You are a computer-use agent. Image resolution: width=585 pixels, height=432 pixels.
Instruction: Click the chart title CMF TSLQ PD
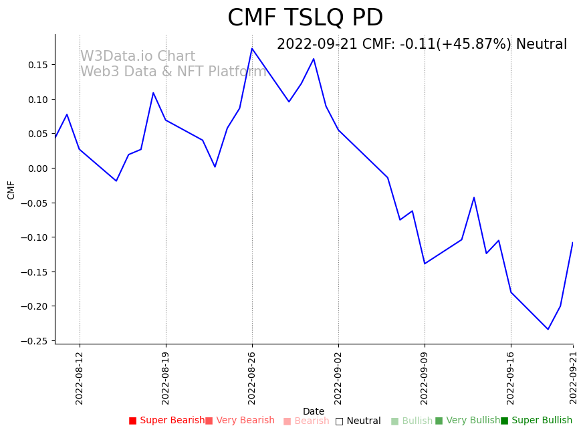pos(305,18)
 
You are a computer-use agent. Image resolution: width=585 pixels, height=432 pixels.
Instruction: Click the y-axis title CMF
pos(11,189)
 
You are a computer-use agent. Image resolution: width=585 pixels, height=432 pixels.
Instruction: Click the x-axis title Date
pos(314,412)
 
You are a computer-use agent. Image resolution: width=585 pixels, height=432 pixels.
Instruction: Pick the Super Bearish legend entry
pos(167,421)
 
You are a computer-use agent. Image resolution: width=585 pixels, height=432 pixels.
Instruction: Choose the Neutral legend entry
pos(358,421)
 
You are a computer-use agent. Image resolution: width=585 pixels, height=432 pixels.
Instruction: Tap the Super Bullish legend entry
pos(536,421)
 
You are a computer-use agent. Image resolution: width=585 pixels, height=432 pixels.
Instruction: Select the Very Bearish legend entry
pos(239,421)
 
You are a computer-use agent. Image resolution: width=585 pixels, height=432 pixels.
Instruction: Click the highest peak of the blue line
pos(252,48)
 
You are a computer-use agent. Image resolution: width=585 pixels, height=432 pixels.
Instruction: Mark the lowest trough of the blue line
pos(548,329)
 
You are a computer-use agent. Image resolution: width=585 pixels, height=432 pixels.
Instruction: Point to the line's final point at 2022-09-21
pos(573,243)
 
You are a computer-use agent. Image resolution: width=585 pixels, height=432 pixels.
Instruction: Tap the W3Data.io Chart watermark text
pos(138,57)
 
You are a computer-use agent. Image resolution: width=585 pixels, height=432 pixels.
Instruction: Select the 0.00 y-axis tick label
pos(37,169)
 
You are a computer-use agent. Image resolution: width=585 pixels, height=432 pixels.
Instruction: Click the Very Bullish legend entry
pos(467,421)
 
